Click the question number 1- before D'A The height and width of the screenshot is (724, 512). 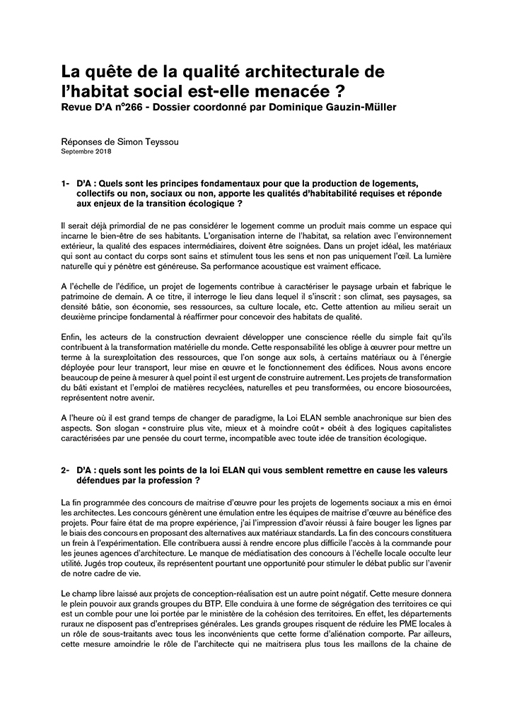tap(66, 184)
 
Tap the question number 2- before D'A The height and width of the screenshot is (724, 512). tap(66, 469)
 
